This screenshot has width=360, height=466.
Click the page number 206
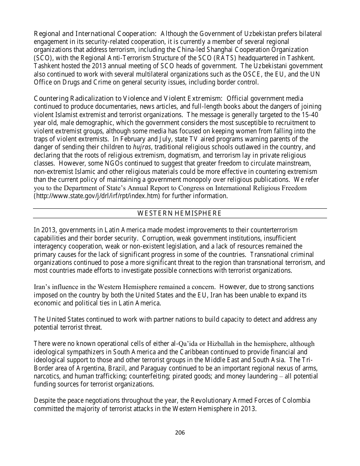click(180, 432)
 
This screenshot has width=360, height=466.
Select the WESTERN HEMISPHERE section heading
click(179, 213)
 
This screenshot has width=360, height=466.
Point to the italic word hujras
click(139, 147)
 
